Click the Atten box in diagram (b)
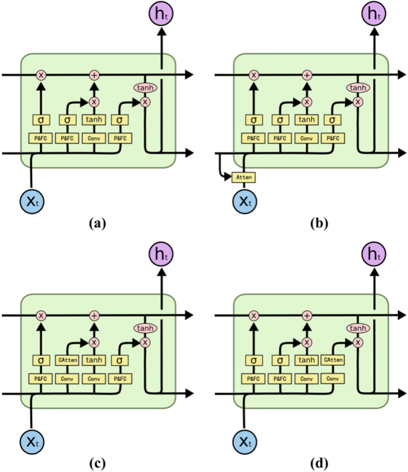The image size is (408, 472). tap(243, 177)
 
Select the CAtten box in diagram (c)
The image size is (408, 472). tap(67, 360)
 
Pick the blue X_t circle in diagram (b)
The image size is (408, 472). tap(244, 201)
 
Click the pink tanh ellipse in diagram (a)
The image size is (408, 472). tap(145, 88)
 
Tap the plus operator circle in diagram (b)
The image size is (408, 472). tap(307, 75)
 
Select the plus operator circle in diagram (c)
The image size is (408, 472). tap(94, 315)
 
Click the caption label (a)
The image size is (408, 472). tap(97, 224)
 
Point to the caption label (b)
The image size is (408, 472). tap(318, 224)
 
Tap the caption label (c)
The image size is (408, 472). tap(97, 463)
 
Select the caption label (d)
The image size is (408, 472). tap(318, 463)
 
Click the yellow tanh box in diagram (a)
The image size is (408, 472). tap(94, 120)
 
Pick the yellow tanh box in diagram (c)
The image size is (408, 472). tap(94, 360)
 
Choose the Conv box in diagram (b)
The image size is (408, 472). tap(307, 138)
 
